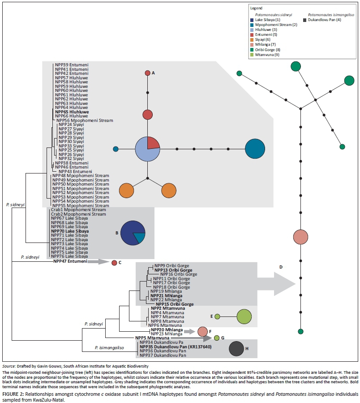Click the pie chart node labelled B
(133, 232)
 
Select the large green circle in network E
(244, 316)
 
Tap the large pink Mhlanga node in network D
(301, 236)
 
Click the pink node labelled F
(202, 332)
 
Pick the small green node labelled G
(217, 338)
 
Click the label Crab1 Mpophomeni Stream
(78, 209)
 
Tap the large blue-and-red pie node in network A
(147, 149)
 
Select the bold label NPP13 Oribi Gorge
(173, 270)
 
